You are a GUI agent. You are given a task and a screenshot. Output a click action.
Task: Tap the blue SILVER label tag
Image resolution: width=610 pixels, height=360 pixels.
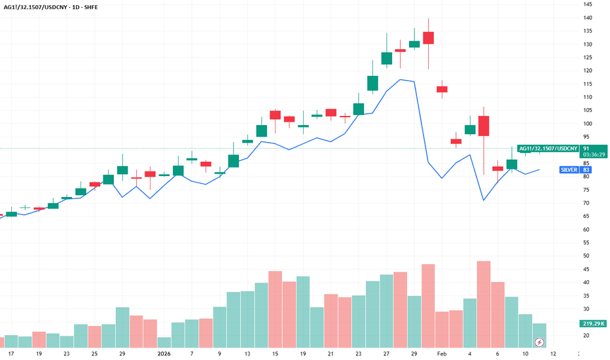tap(568, 170)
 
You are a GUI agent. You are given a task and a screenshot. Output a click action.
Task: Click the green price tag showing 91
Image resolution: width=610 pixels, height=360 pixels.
tap(586, 149)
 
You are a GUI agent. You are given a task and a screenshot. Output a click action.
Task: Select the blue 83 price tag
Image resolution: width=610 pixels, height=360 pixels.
tap(586, 170)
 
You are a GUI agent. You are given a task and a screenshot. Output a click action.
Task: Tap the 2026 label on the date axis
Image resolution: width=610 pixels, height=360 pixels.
tap(164, 353)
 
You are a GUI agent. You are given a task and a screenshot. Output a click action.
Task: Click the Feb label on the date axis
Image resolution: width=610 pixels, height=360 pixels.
tap(443, 353)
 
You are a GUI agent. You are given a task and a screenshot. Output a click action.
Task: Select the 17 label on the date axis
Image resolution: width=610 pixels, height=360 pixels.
tap(11, 353)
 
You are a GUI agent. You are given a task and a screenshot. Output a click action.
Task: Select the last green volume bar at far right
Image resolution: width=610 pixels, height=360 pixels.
tap(539, 335)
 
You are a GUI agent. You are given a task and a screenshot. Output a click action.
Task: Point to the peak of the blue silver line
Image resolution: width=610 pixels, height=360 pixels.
tap(401, 79)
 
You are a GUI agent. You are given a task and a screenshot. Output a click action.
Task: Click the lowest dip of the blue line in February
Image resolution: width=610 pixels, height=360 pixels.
tap(484, 200)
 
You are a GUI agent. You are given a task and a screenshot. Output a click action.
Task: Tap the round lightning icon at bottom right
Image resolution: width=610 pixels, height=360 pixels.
tap(540, 342)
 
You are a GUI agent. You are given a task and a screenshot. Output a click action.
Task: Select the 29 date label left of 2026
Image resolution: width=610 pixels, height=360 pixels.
tap(122, 353)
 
